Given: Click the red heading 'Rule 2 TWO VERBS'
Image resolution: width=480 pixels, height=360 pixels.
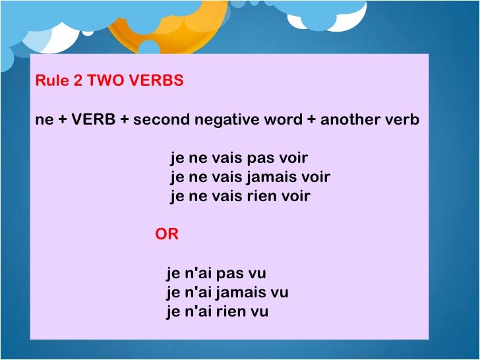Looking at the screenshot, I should click(109, 82).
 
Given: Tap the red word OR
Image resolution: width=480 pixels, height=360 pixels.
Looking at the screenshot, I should click(167, 234).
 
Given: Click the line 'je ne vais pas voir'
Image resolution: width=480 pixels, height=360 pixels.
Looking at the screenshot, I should click(239, 159).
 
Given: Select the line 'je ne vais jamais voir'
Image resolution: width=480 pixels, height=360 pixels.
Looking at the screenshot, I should click(250, 177).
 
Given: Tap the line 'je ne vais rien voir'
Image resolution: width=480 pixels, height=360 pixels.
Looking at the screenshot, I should click(240, 196).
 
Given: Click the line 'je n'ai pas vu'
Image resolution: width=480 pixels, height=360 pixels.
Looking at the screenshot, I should click(216, 273).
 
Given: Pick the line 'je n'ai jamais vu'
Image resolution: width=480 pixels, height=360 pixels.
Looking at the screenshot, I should click(227, 292).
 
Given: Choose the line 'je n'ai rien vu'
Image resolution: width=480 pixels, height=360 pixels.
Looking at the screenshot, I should click(217, 311).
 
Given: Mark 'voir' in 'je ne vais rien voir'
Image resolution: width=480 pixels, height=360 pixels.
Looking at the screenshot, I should click(295, 196).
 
